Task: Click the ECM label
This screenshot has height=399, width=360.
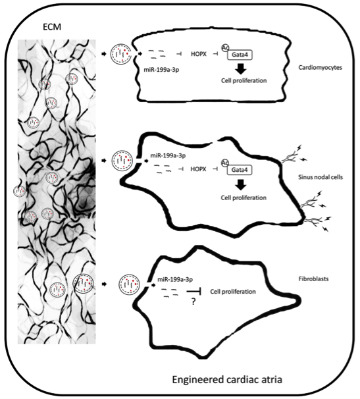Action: point(52,27)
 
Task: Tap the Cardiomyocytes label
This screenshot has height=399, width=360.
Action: point(320,68)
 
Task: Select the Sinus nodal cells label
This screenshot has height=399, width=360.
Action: point(321,177)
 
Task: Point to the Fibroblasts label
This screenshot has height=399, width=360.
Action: point(313,279)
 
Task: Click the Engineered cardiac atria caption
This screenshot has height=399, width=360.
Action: point(227,379)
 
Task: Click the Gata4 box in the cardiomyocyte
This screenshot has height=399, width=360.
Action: point(240,55)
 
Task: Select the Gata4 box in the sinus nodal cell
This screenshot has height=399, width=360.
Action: point(240,170)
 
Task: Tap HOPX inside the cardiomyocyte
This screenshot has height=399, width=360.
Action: point(199,54)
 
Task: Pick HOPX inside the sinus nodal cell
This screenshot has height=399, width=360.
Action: point(199,169)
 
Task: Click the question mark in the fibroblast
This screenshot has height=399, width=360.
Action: point(193,302)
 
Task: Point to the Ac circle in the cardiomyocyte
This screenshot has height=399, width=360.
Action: point(225,48)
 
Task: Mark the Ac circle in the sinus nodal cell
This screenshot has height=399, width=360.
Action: point(225,163)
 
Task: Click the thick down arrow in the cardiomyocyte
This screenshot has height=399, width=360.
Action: point(240,68)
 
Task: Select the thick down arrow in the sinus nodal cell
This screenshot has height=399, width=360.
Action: point(240,184)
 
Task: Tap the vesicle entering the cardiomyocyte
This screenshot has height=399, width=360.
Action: point(120,54)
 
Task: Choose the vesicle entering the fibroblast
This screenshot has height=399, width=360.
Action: point(129,284)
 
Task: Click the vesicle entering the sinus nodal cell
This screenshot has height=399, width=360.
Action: point(122,161)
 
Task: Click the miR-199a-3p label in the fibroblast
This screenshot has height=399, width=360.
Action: point(175,279)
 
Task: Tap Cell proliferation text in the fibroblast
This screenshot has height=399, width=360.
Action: point(233,292)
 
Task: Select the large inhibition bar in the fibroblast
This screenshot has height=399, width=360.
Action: point(194,292)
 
